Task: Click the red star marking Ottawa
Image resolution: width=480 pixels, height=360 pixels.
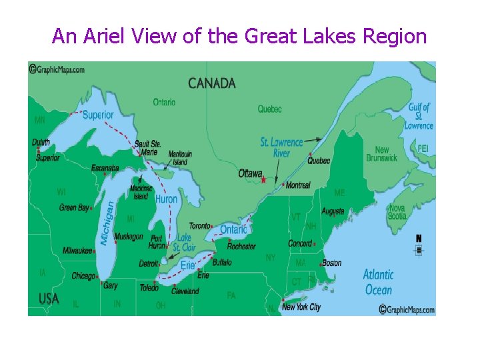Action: [x=264, y=179]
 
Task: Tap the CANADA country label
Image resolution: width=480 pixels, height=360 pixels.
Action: [x=212, y=83]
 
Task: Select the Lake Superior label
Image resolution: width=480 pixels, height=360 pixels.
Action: [x=98, y=115]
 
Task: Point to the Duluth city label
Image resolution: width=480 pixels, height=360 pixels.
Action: [x=41, y=142]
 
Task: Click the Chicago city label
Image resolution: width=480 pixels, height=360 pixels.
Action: [x=83, y=275]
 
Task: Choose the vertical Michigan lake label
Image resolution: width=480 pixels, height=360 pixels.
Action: [x=107, y=223]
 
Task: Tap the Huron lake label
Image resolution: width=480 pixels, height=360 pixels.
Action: [x=166, y=199]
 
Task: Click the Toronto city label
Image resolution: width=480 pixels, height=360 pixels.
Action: [x=199, y=226]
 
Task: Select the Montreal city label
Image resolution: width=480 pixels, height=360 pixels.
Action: [x=297, y=185]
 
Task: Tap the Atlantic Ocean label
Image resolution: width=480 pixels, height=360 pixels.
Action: [x=378, y=282]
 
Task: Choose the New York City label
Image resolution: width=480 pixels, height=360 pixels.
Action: [x=301, y=307]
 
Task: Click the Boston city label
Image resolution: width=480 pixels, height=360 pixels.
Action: [x=331, y=263]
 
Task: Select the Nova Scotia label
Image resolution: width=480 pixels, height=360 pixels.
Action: [x=397, y=212]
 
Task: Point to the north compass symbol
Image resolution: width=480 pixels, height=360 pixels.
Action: [x=419, y=245]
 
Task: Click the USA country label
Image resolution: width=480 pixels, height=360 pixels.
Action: [x=49, y=299]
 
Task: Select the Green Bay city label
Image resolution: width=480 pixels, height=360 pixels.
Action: [x=74, y=208]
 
